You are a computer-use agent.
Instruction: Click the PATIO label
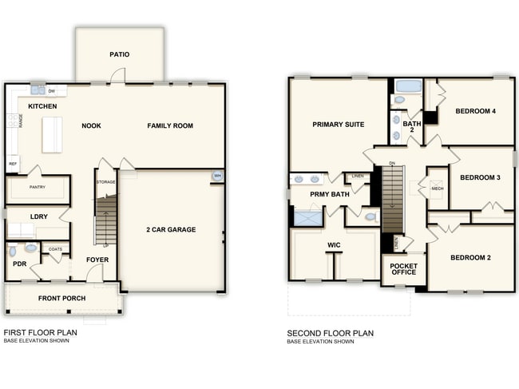click(120, 55)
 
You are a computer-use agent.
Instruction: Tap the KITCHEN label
click(42, 106)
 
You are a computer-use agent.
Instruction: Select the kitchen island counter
click(52, 134)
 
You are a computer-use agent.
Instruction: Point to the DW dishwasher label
click(51, 92)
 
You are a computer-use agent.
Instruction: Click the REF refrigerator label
click(13, 163)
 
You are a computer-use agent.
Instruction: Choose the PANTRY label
click(37, 188)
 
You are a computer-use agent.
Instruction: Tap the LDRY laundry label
click(39, 216)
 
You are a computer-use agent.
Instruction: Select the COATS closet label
click(55, 249)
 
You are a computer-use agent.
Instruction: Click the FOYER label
click(97, 260)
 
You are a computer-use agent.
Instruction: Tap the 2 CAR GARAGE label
click(171, 230)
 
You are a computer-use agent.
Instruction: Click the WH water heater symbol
click(217, 177)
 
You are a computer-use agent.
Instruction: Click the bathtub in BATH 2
click(409, 85)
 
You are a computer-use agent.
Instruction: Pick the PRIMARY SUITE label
click(339, 125)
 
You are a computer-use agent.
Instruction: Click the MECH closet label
click(437, 189)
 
